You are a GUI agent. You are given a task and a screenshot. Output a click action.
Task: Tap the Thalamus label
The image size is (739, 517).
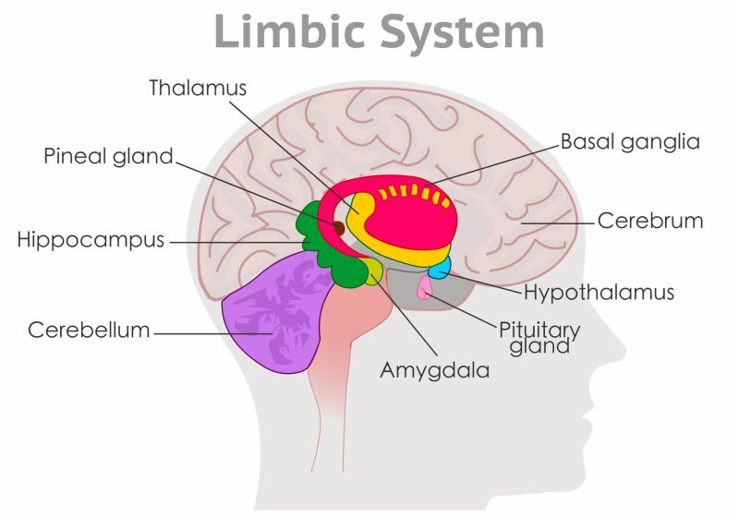click(199, 88)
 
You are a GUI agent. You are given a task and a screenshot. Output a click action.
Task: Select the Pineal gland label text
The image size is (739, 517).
click(108, 156)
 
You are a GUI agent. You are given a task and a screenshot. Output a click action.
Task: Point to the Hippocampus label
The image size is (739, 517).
click(91, 241)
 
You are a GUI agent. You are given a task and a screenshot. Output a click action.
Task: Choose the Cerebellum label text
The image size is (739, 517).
click(89, 330)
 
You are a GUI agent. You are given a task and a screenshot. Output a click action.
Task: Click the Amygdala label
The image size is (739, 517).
click(434, 370)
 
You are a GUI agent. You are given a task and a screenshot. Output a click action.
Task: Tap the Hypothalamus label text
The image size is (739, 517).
click(599, 293)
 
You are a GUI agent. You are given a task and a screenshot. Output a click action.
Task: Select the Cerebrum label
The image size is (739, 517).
click(650, 222)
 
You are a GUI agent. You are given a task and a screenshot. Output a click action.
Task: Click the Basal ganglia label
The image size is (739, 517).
click(630, 142)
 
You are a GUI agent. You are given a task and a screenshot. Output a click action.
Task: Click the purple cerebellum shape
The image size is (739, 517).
click(268, 314)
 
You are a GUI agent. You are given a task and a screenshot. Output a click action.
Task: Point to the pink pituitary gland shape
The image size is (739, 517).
click(425, 288)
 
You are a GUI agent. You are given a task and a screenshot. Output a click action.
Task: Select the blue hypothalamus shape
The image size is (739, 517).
click(439, 268)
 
